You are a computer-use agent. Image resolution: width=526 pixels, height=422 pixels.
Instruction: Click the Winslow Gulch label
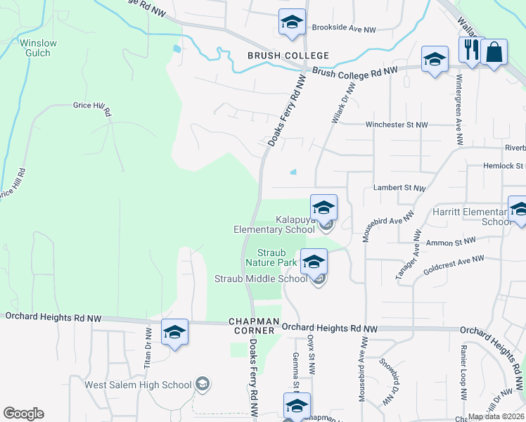coord(38,48)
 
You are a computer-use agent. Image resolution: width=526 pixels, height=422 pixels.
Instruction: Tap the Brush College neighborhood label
coord(288,56)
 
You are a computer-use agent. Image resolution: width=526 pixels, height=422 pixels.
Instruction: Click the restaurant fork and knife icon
coord(470,50)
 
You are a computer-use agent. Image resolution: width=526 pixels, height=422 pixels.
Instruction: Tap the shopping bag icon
coord(494,52)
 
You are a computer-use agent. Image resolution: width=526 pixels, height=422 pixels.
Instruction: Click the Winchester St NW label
coord(396,125)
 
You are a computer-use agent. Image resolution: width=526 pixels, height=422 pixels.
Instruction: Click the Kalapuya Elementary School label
coord(274,224)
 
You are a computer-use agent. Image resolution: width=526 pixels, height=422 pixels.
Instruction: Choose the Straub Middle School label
coord(260,279)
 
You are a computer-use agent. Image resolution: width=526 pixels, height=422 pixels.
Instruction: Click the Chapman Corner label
coord(251,325)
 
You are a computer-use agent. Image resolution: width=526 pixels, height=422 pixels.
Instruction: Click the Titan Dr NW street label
coord(148,347)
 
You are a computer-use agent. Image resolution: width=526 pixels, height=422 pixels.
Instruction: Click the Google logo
coord(23,414)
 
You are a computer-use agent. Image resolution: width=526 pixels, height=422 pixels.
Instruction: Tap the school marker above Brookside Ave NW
coord(291,22)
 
